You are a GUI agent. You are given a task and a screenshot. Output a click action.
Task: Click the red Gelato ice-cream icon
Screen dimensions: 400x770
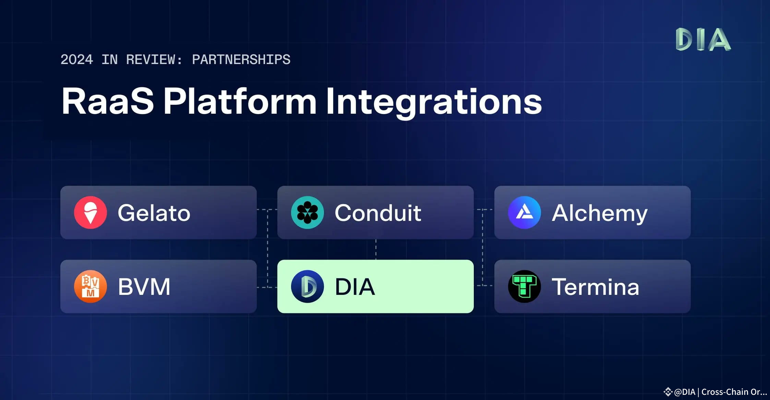[91, 212]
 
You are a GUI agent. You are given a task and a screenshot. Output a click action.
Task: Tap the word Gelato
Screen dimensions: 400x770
[154, 213]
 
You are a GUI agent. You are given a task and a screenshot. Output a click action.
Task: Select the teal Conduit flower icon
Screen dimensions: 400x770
[307, 212]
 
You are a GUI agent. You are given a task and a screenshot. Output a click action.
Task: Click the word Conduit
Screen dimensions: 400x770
[378, 213]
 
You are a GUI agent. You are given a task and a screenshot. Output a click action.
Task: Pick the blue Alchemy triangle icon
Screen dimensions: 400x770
[524, 212]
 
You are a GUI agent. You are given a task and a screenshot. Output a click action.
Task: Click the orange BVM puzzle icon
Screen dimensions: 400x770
[91, 286]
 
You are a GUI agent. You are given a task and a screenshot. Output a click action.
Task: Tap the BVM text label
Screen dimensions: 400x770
[144, 287]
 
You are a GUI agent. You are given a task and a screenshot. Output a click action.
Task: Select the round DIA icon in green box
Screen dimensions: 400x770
[307, 286]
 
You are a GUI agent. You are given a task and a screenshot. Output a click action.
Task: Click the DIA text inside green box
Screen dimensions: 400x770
[355, 287]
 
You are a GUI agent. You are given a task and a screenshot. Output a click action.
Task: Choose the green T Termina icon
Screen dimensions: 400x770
[524, 286]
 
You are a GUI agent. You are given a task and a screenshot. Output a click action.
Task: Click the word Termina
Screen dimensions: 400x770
[595, 287]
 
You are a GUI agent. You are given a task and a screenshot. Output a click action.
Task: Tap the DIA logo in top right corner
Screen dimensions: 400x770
[703, 39]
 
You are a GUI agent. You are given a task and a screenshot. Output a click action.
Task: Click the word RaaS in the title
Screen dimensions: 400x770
[108, 101]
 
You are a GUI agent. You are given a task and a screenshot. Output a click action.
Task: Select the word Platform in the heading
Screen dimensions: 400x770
[240, 101]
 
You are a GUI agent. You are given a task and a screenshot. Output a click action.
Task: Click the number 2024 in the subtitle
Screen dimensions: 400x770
[77, 60]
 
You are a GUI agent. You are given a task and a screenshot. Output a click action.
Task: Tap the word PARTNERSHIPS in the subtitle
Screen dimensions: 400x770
[241, 60]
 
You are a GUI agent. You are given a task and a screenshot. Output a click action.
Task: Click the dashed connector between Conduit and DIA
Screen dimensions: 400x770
[376, 249]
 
